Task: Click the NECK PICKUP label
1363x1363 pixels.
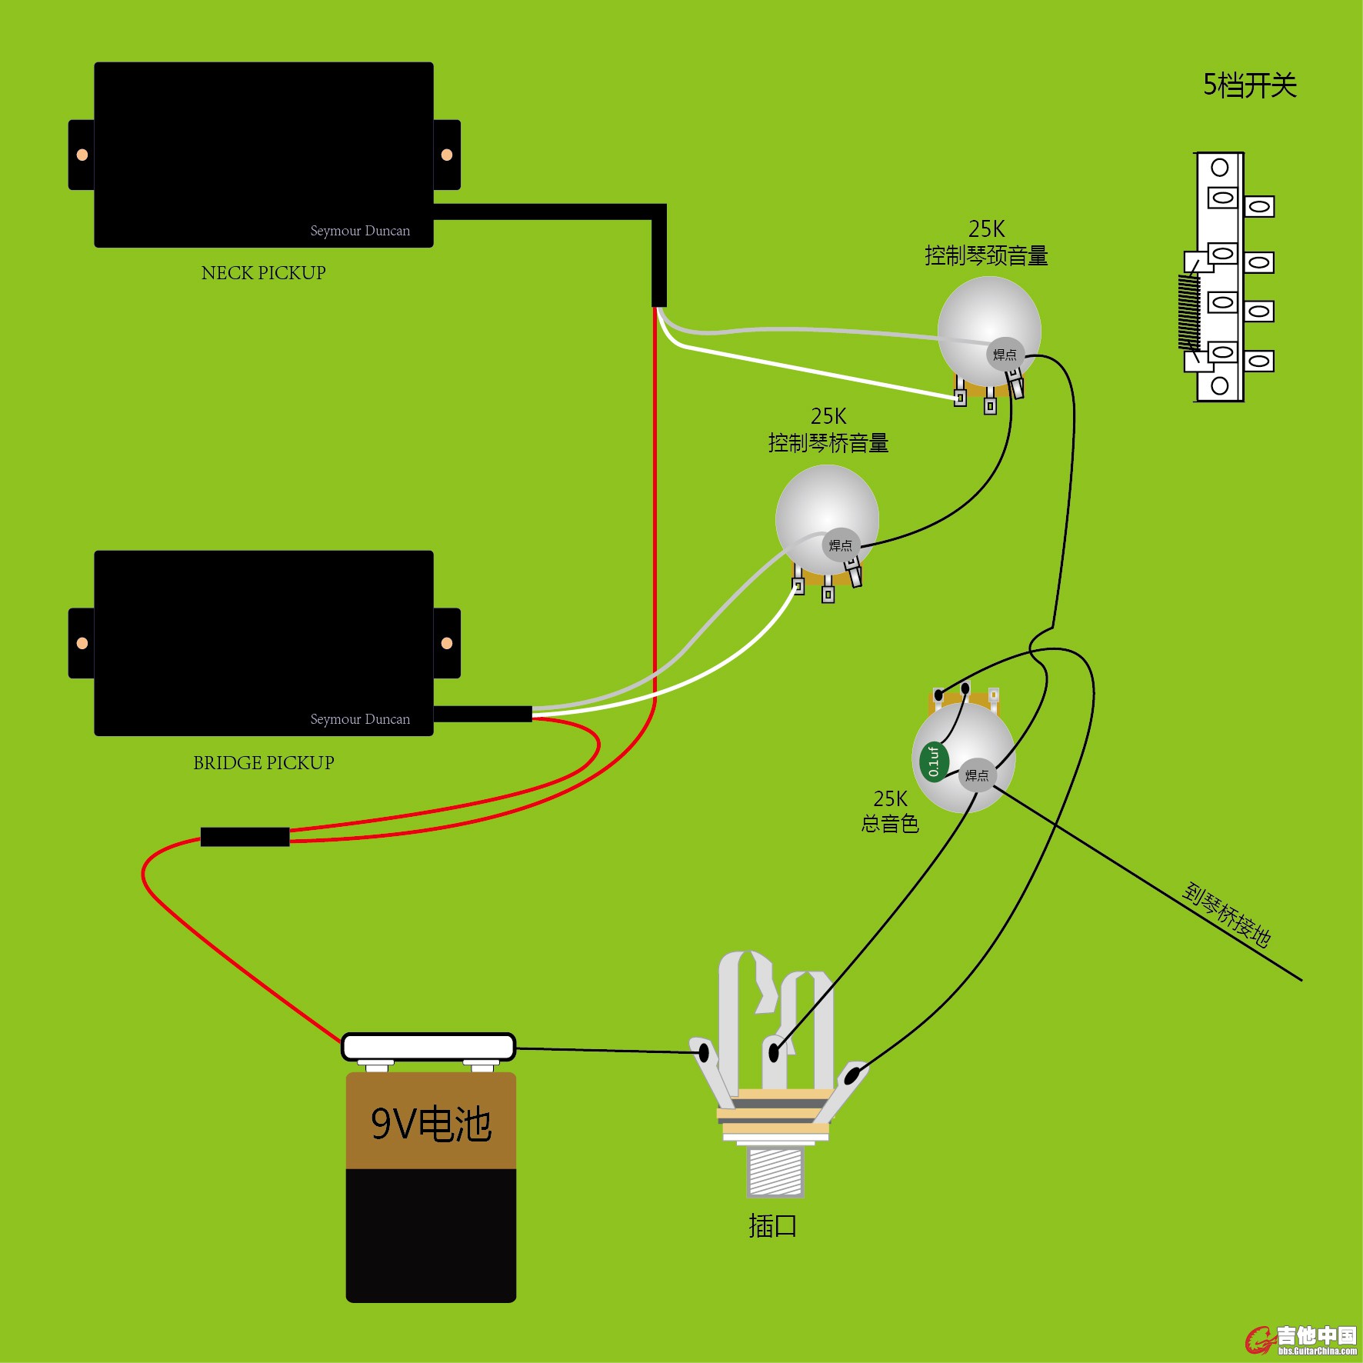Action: tap(263, 273)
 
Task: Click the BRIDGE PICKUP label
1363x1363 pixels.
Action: tap(263, 763)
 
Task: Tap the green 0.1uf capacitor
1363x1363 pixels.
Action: tap(933, 761)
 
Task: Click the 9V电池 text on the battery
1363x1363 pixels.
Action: tap(431, 1125)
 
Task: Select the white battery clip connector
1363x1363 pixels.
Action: tap(428, 1047)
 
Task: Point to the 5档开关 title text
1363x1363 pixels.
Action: tap(1249, 85)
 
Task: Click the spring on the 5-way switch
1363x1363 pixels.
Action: tap(1189, 312)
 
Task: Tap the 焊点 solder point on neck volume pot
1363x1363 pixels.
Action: tap(1005, 355)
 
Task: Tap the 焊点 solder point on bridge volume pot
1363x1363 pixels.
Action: tap(841, 545)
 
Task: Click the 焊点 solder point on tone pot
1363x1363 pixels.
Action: tap(977, 775)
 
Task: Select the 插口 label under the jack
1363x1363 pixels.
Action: tap(772, 1226)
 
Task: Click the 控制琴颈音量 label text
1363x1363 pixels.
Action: tap(986, 255)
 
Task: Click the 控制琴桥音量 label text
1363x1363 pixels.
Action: tap(828, 443)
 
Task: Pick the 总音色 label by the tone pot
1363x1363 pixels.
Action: tap(890, 825)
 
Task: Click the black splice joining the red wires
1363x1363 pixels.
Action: tap(245, 837)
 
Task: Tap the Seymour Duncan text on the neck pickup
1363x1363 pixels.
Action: tap(360, 231)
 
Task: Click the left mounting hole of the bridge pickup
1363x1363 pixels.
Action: tap(82, 643)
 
